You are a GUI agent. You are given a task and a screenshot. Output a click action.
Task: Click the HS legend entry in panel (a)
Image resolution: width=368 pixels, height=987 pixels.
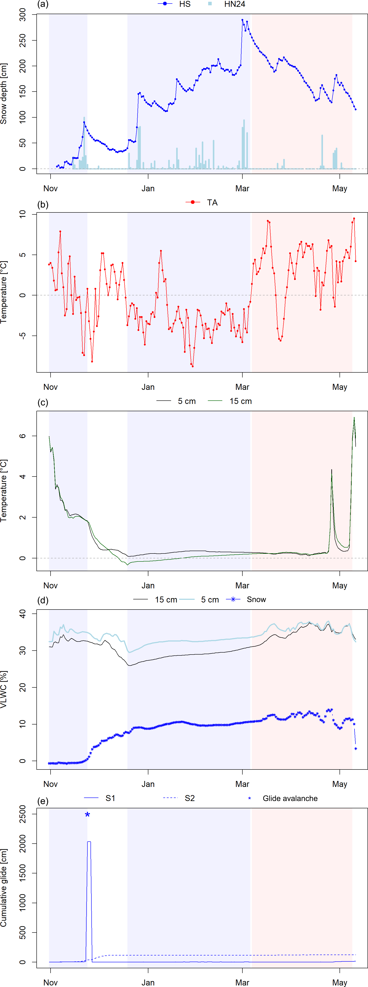point(184,4)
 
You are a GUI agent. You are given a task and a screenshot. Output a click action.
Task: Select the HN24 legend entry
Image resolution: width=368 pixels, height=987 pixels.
point(234,4)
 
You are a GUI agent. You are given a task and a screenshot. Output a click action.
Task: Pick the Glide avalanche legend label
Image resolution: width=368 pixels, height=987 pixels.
point(290,798)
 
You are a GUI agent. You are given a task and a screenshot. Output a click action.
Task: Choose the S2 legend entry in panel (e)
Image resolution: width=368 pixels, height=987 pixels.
point(189,798)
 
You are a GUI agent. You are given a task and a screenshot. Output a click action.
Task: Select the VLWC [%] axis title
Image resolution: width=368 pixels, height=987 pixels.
point(4,690)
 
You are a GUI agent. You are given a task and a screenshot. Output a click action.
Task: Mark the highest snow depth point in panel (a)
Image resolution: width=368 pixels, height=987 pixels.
point(242,20)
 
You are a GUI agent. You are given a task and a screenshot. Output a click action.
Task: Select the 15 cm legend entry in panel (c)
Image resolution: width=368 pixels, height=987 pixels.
point(240,401)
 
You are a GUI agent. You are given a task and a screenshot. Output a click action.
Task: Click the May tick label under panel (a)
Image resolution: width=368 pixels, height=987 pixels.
point(340,189)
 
